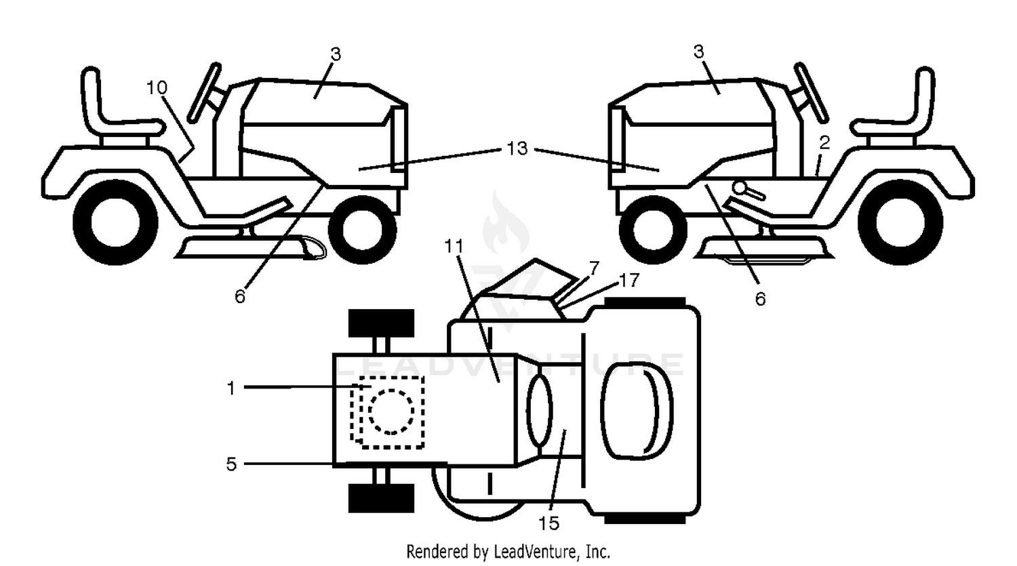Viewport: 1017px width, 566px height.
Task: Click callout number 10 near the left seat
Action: point(157,87)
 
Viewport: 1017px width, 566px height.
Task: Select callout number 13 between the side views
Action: point(517,148)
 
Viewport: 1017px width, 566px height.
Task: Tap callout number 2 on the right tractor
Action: point(824,143)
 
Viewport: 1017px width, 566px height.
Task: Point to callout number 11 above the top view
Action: point(454,247)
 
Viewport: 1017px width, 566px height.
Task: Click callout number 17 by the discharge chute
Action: point(629,281)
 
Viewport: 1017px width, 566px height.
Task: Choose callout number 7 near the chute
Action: point(594,268)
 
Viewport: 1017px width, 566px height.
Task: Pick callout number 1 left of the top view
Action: point(231,388)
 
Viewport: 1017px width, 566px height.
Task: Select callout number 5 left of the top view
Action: point(231,464)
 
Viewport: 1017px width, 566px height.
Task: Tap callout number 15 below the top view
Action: point(549,523)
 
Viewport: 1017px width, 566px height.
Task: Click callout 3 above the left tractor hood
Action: point(335,54)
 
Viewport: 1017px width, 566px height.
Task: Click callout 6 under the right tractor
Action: point(760,299)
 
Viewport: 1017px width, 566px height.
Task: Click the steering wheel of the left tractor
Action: point(204,93)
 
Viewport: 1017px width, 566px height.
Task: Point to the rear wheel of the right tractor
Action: point(900,222)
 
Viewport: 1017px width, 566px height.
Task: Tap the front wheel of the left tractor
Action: point(362,230)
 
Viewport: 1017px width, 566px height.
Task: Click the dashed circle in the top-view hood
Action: point(391,411)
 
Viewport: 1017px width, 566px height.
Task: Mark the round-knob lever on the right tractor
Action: point(748,190)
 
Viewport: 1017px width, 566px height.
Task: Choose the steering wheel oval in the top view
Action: point(539,410)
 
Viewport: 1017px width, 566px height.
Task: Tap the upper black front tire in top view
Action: point(381,323)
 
